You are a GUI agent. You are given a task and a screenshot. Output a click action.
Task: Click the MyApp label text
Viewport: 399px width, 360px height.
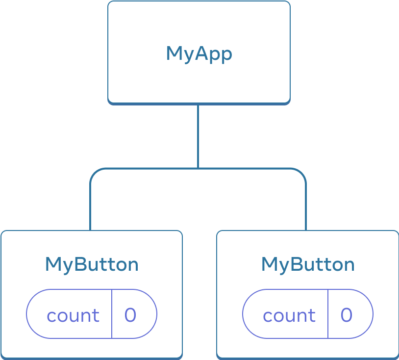click(x=199, y=53)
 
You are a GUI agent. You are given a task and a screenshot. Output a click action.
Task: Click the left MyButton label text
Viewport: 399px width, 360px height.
click(x=92, y=264)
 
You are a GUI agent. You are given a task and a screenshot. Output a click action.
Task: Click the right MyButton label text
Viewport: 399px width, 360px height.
click(x=308, y=264)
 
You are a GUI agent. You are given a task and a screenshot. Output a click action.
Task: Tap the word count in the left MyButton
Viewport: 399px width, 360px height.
click(x=73, y=315)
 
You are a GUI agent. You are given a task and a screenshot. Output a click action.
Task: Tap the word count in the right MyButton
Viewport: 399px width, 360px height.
click(x=289, y=315)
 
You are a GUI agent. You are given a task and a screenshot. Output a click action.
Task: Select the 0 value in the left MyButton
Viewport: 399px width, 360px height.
click(x=130, y=315)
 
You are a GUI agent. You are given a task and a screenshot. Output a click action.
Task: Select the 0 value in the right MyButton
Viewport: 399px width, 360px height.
click(x=346, y=315)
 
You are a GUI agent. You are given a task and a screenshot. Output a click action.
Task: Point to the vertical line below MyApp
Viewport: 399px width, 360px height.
click(x=198, y=135)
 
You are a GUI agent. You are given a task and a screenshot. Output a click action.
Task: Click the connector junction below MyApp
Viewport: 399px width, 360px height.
click(x=198, y=168)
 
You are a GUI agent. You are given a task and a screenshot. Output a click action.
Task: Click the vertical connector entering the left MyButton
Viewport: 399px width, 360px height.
click(x=90, y=211)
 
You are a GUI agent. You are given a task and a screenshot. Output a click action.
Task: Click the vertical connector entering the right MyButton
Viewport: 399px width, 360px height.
click(x=306, y=211)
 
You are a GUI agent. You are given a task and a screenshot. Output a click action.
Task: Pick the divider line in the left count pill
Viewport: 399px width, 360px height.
click(x=112, y=314)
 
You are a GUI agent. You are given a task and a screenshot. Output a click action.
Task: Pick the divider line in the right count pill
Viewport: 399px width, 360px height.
click(x=328, y=314)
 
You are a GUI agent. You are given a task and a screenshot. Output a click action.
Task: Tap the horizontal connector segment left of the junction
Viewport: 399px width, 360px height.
click(x=147, y=168)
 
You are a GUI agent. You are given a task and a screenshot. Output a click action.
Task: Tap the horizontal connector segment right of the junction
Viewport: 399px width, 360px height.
click(x=250, y=168)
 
